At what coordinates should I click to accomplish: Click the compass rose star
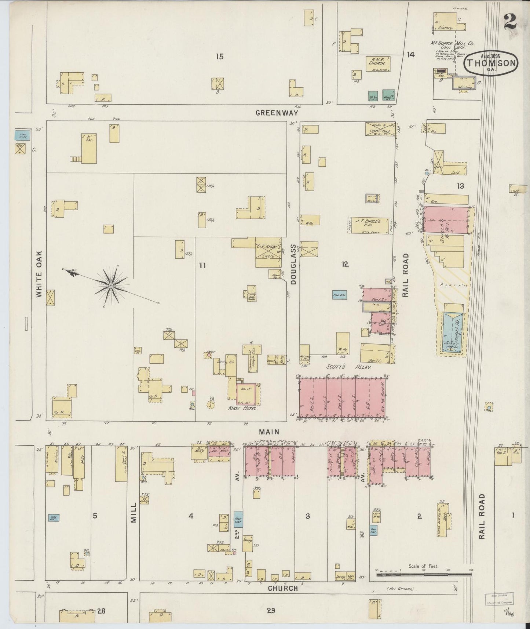click(110, 286)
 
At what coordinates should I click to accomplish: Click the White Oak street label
click(40, 274)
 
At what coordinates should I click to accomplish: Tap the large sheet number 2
click(510, 21)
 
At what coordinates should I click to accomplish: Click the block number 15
click(219, 57)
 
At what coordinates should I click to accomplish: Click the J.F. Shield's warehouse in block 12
click(368, 225)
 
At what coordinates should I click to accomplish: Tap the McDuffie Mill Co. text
click(447, 43)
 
